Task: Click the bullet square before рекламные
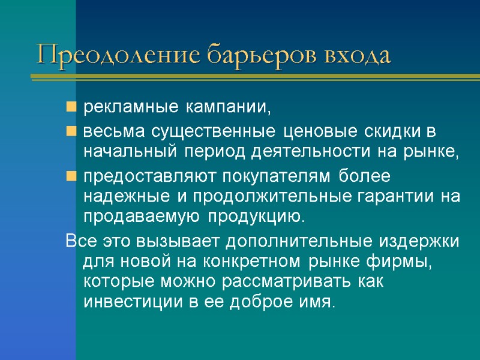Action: point(71,108)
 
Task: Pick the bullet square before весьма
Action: point(71,131)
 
